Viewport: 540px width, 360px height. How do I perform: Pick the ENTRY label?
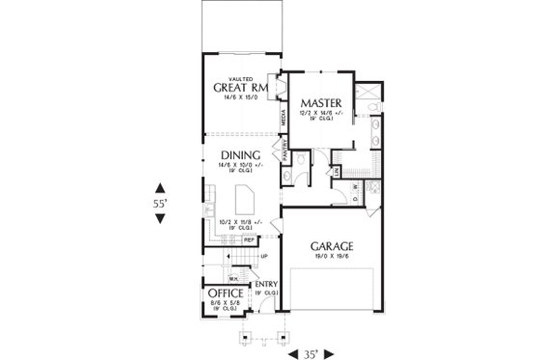266,283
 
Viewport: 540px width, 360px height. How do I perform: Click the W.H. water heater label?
233,277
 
